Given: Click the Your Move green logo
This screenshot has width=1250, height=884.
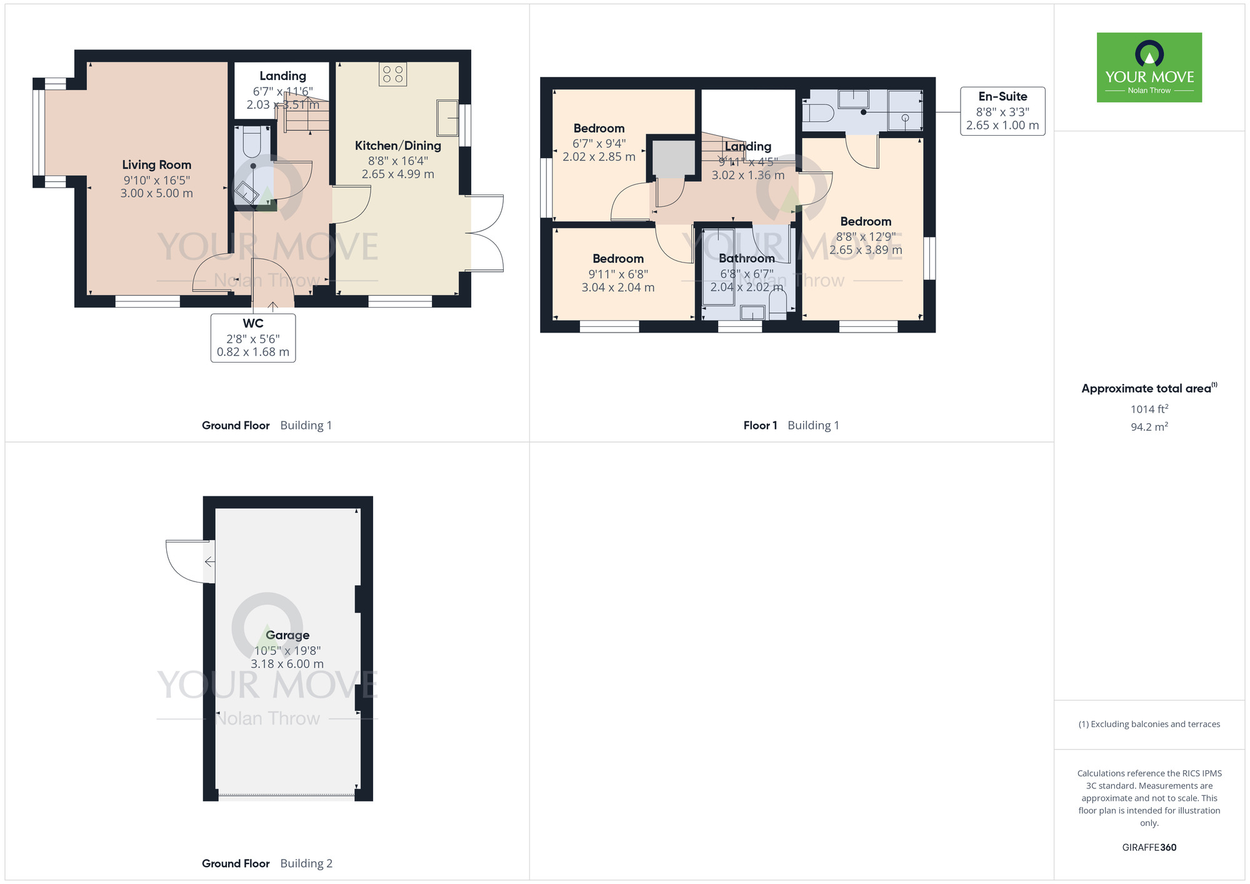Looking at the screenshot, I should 1149,68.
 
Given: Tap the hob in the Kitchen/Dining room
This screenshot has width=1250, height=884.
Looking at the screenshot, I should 392,74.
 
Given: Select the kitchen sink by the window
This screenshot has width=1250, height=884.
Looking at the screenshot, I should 447,118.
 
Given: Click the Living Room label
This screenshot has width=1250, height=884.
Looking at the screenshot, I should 156,165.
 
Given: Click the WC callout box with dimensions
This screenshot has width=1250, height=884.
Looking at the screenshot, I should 253,338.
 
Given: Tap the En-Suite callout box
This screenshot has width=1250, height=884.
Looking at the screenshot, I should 1002,111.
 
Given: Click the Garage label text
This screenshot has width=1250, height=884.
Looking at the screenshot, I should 287,635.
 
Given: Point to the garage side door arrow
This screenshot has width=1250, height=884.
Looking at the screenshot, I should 210,561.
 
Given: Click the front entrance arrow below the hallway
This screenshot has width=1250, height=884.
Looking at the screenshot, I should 273,306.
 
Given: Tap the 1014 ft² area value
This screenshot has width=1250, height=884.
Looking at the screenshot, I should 1149,409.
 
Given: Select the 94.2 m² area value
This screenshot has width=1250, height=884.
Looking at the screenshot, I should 1149,427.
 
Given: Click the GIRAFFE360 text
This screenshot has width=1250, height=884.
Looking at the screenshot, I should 1149,848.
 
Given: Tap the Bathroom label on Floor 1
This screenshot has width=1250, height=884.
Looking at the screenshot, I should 746,258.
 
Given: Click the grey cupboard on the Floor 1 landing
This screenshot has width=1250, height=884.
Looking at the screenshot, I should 673,158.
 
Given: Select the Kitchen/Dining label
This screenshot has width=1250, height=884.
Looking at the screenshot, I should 397,146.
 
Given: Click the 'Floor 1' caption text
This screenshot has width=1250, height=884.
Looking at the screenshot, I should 760,426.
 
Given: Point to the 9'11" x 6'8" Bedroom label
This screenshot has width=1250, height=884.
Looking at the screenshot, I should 617,259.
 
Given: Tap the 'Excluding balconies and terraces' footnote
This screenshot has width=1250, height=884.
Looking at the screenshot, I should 1149,725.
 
